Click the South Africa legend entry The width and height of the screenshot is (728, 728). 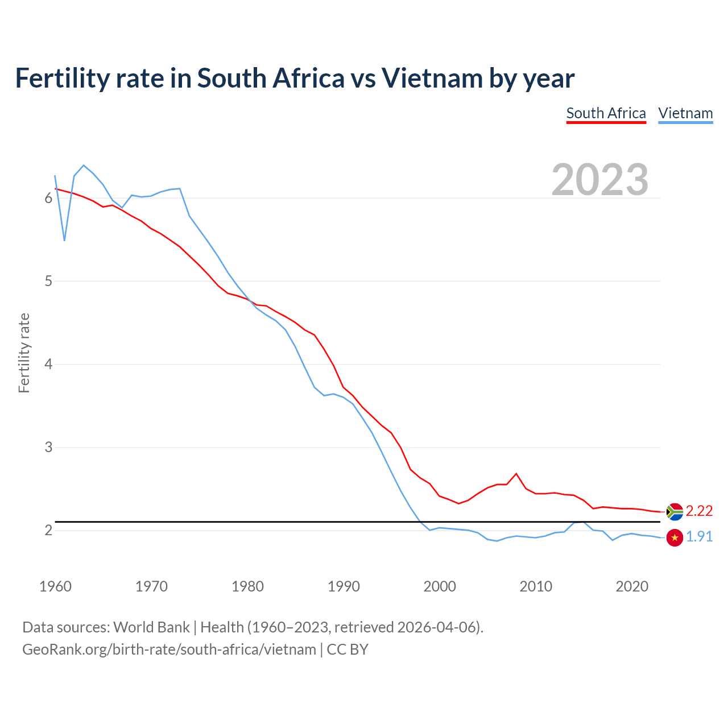click(x=606, y=114)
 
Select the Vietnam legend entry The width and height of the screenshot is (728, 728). click(x=685, y=114)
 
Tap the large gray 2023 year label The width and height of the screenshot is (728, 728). click(x=600, y=180)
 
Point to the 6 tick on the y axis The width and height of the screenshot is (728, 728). click(x=48, y=198)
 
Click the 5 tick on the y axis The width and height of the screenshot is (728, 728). click(x=48, y=281)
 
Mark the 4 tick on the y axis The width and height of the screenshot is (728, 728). click(x=48, y=364)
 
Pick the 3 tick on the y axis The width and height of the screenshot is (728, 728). click(x=48, y=447)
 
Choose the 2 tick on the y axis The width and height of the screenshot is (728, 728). click(x=48, y=530)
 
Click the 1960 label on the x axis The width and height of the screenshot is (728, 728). click(x=55, y=586)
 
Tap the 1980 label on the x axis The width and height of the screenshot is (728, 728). click(x=247, y=586)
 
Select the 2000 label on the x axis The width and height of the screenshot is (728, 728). click(x=440, y=586)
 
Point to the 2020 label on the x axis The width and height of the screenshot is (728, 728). click(x=632, y=586)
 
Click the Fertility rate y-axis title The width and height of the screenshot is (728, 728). click(x=24, y=353)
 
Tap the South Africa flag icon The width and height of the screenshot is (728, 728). click(x=675, y=512)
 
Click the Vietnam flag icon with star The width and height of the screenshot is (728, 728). click(x=675, y=537)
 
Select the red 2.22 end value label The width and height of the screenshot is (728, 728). click(x=699, y=511)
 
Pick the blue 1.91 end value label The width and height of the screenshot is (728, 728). click(x=699, y=537)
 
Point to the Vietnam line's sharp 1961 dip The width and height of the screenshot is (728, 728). click(x=64, y=240)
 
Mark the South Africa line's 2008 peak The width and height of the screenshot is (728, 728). click(x=516, y=473)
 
